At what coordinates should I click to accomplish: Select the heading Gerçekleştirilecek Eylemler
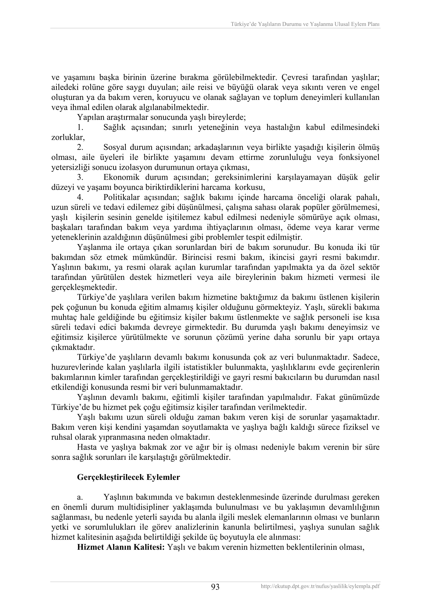(x=128, y=477)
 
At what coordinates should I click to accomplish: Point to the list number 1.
(x=80, y=128)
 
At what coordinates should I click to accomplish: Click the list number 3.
(x=80, y=177)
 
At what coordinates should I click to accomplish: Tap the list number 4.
(x=80, y=197)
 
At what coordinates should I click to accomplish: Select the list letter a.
(x=80, y=497)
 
